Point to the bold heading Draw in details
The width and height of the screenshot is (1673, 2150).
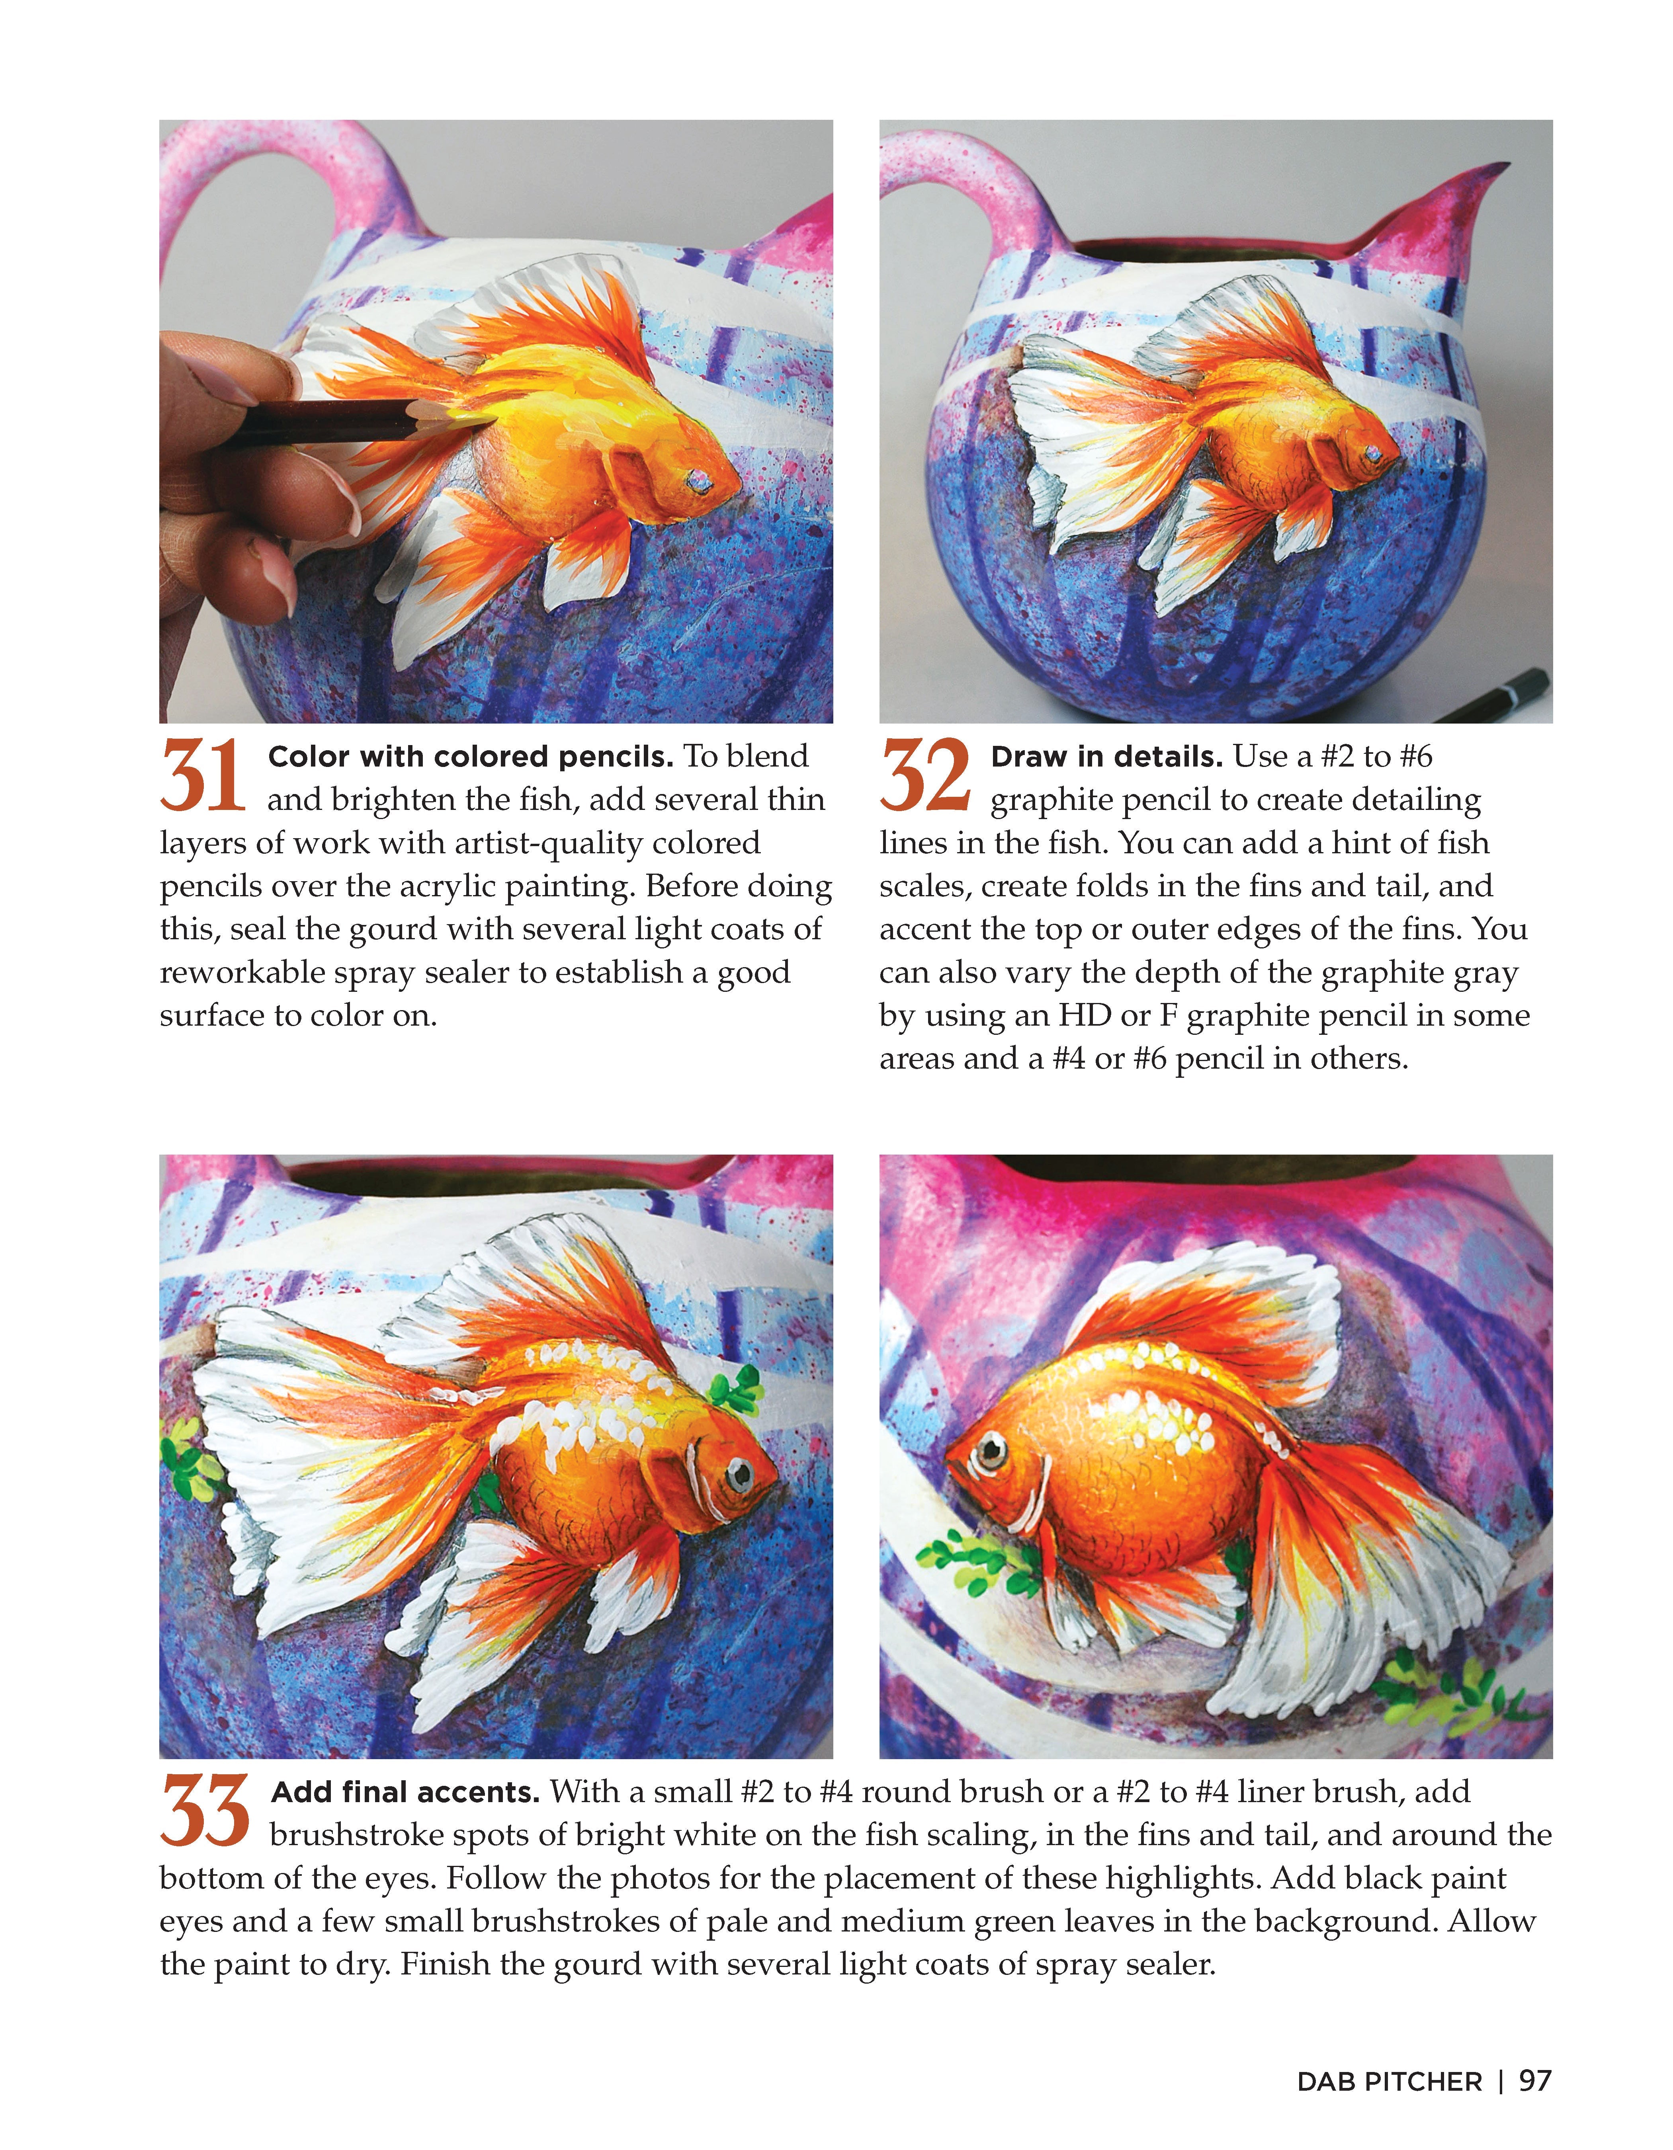pos(1106,757)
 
